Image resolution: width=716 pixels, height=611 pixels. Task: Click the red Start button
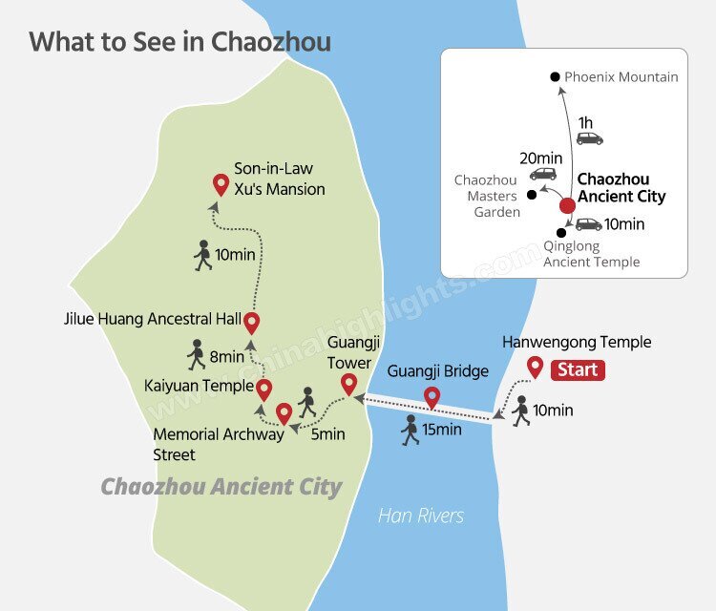tap(578, 369)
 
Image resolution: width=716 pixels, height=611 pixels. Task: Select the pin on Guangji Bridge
tap(432, 396)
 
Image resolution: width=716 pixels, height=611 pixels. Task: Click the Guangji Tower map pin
tap(349, 383)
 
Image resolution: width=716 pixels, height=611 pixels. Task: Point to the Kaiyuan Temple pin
tap(264, 389)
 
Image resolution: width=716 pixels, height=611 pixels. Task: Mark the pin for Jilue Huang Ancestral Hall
tap(252, 322)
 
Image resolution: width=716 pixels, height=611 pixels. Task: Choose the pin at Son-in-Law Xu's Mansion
tap(221, 184)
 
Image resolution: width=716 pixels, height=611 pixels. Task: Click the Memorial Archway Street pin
tap(284, 413)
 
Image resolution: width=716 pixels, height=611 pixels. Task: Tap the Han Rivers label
tap(421, 516)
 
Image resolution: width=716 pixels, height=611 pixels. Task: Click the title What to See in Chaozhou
tap(180, 43)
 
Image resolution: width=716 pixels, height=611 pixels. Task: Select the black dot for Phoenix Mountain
tap(554, 77)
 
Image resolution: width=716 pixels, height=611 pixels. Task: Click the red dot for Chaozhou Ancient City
tap(567, 204)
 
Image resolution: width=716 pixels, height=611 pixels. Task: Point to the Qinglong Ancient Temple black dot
tap(561, 231)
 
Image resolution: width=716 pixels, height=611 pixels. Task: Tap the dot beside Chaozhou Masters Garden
tap(532, 195)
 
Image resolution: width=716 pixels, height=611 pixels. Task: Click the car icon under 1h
tap(590, 138)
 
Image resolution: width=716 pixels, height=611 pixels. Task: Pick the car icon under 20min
tap(543, 174)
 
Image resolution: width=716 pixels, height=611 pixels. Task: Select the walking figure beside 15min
tap(411, 430)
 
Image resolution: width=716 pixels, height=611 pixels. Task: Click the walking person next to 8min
tap(197, 355)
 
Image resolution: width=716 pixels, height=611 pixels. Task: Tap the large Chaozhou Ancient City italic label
tap(221, 487)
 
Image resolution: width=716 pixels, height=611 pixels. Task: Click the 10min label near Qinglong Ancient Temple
tap(626, 225)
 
